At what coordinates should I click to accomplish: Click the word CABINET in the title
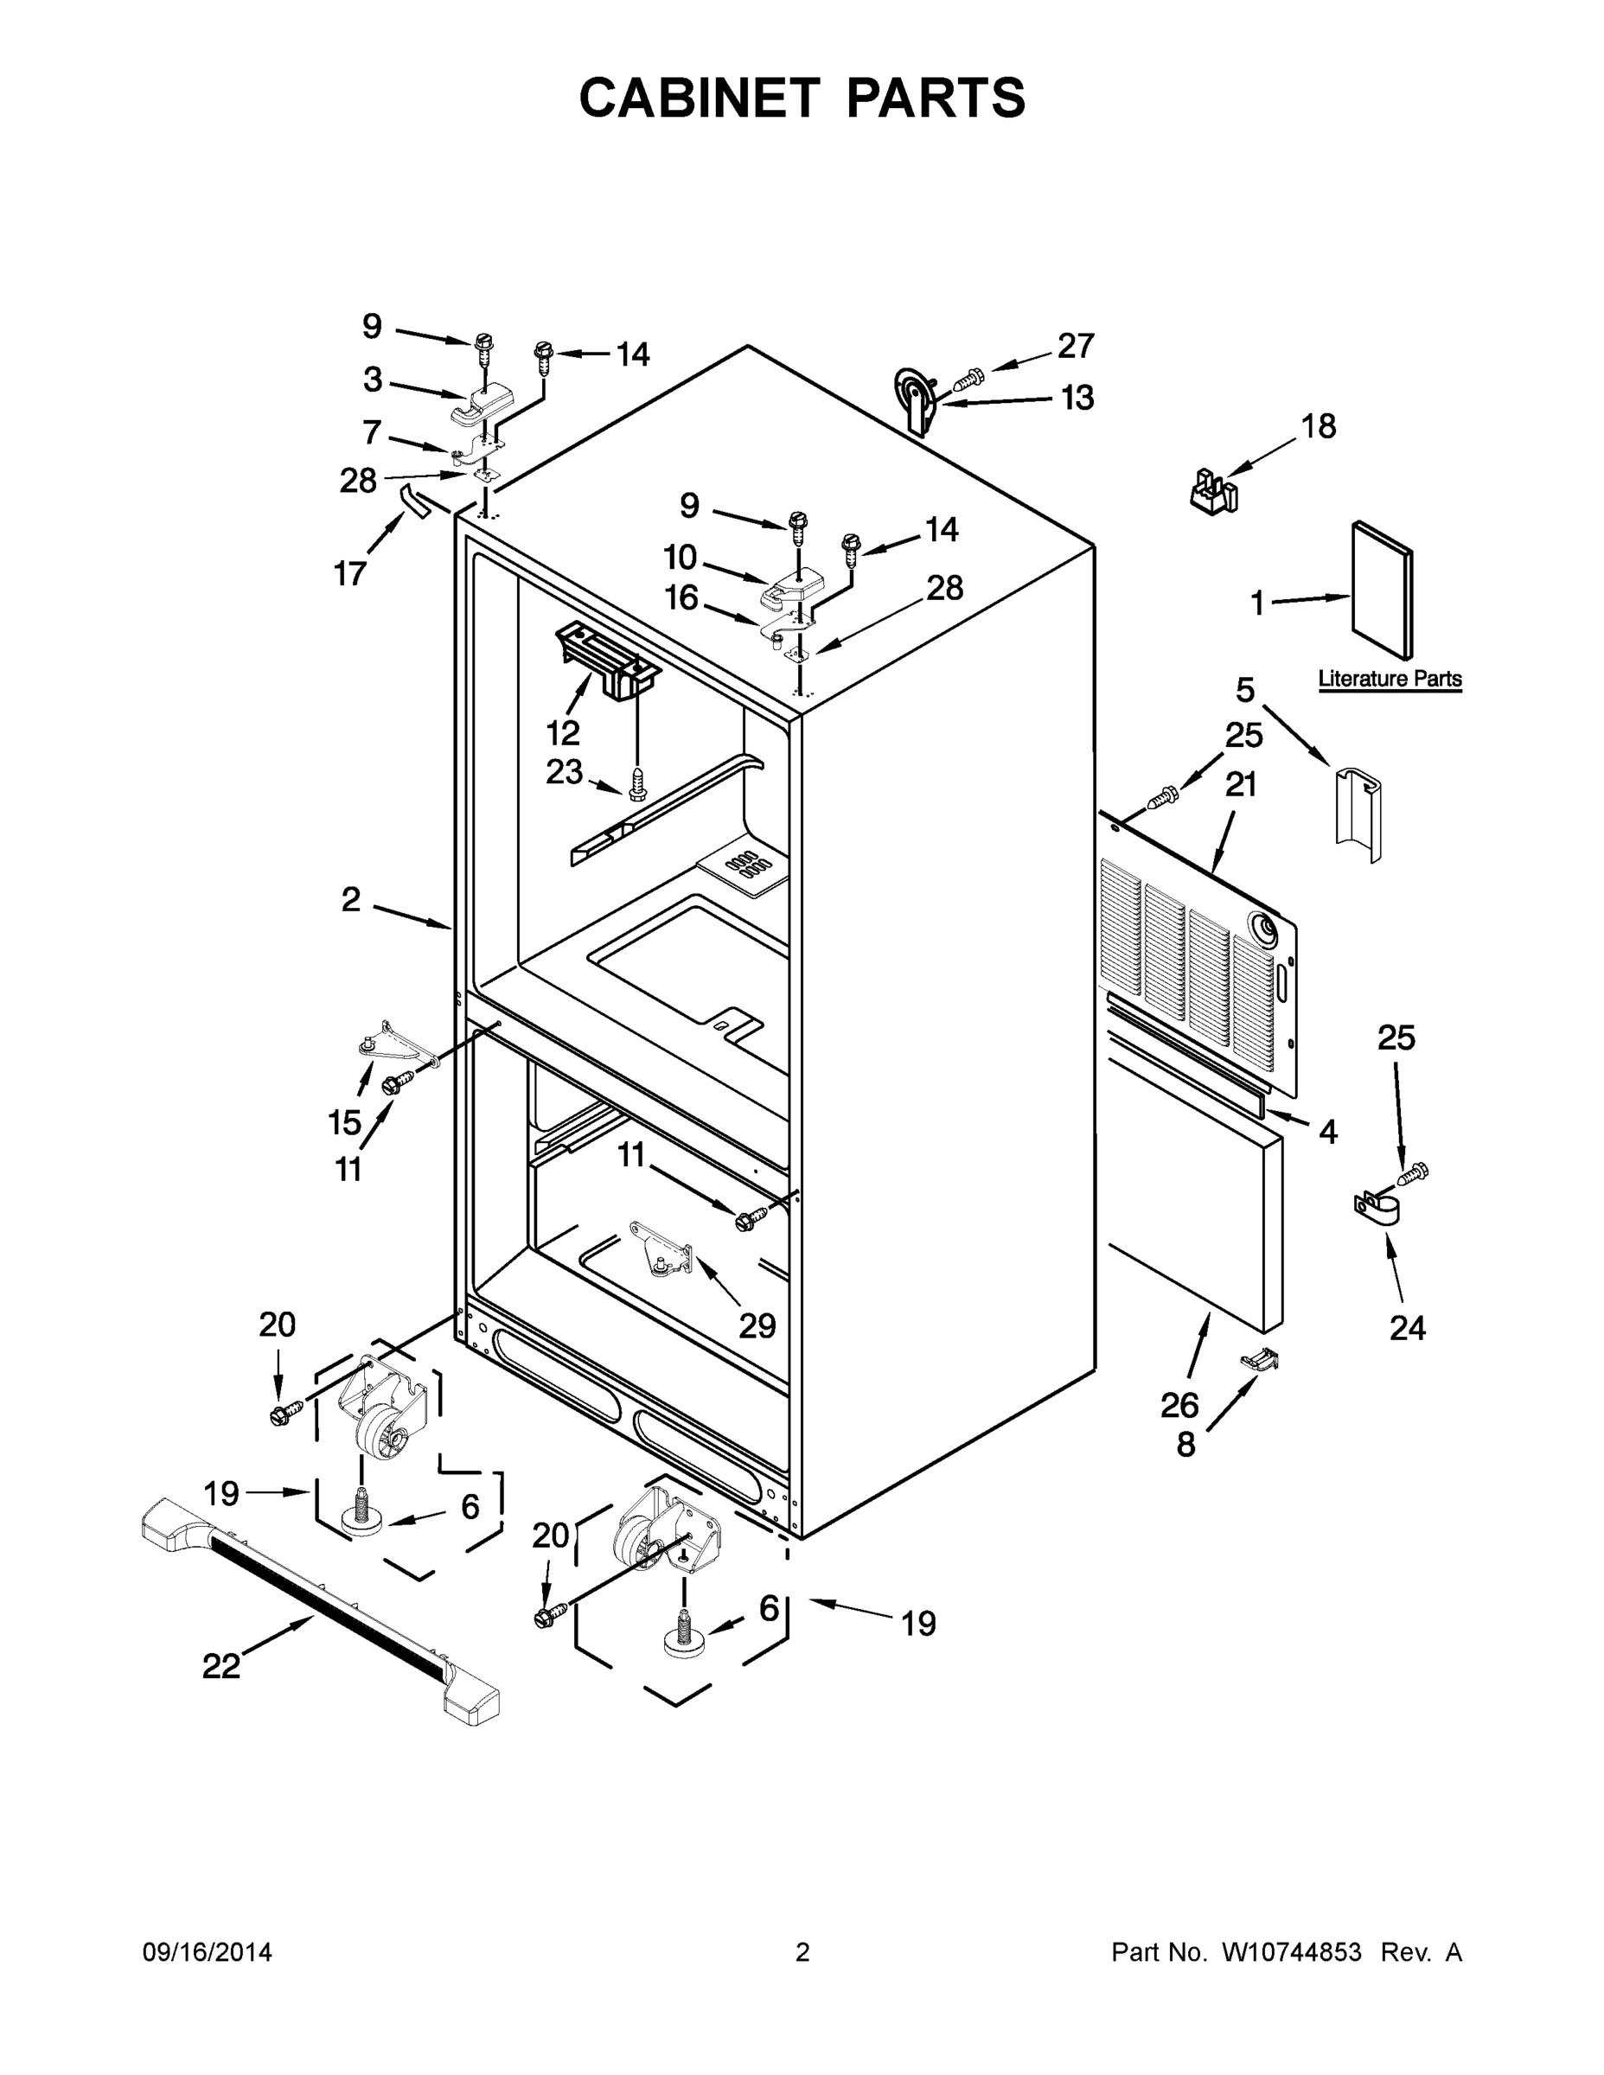tap(699, 98)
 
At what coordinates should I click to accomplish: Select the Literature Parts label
tap(1390, 680)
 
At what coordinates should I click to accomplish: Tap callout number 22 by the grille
tap(220, 1665)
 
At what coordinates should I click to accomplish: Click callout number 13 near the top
tap(1077, 397)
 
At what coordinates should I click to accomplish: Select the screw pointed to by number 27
tap(968, 381)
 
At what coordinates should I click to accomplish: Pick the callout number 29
tap(757, 1325)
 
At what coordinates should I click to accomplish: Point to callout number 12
tap(564, 732)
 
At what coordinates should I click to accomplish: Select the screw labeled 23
tap(637, 785)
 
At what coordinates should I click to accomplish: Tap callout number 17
tap(349, 574)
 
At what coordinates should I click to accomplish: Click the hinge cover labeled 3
tap(480, 406)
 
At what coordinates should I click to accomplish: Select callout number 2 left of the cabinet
tap(352, 899)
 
